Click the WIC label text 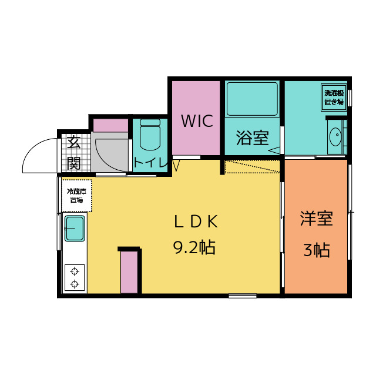[x=197, y=122]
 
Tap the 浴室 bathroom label [x=252, y=139]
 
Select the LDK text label [x=196, y=221]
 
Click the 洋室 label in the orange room [x=316, y=219]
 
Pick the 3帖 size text [x=316, y=250]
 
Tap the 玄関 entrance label [x=73, y=152]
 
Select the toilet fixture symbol [x=150, y=136]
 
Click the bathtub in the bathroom [x=252, y=99]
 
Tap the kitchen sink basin [x=75, y=228]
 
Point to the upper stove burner [x=75, y=271]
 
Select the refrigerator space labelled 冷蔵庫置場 [x=76, y=195]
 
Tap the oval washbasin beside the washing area [x=335, y=137]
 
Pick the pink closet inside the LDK [x=130, y=271]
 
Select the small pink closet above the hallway [x=110, y=125]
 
